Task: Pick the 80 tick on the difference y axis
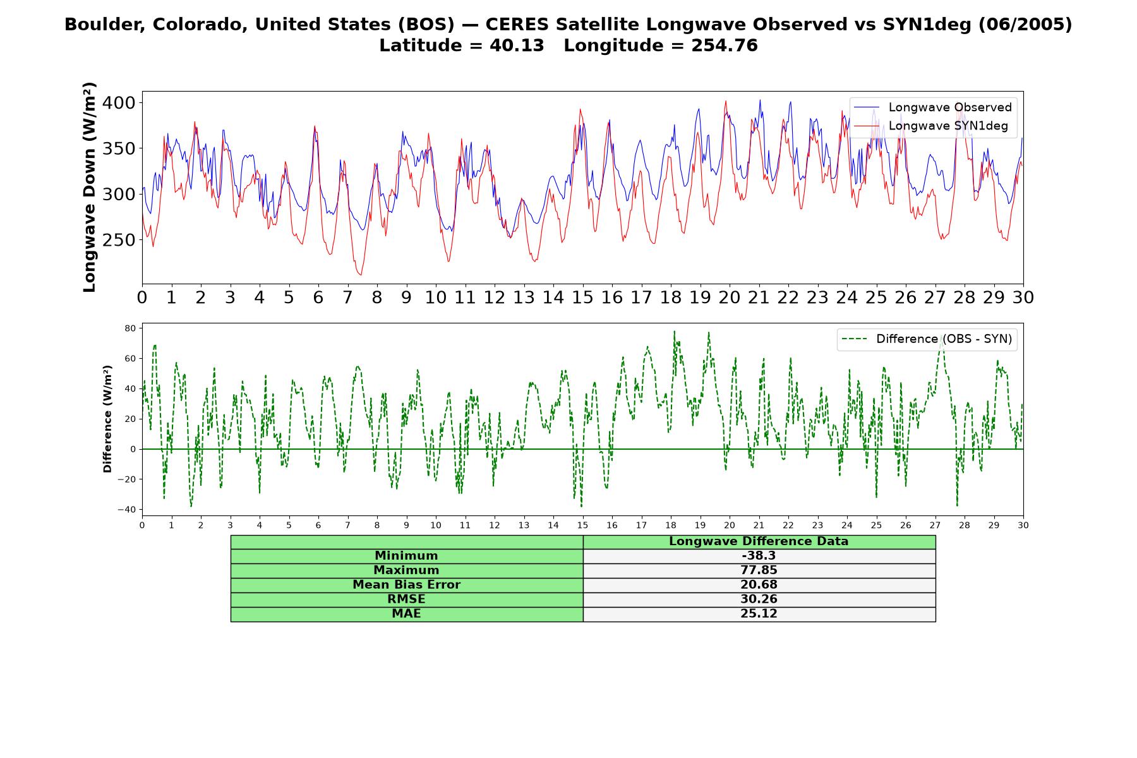tap(131, 328)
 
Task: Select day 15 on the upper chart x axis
tap(582, 298)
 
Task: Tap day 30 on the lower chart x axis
tap(1023, 525)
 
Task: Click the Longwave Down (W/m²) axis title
tap(90, 187)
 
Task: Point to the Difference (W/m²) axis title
tap(107, 419)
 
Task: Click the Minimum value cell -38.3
tap(759, 556)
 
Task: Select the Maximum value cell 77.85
tap(759, 570)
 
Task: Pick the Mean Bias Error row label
tap(406, 585)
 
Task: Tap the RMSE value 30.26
tap(759, 599)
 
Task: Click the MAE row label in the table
tap(406, 614)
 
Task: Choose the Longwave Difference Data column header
tap(759, 541)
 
